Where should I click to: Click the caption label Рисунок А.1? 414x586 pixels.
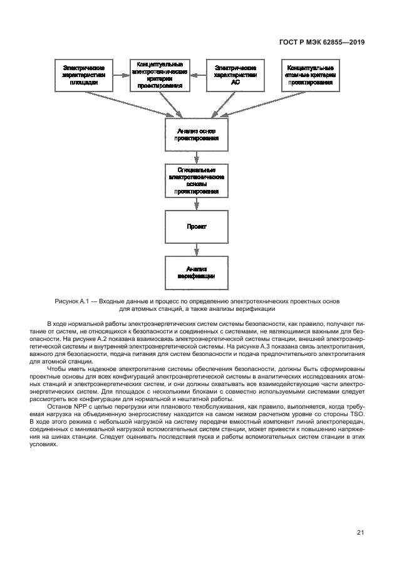72,301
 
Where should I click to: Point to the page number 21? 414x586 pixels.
360,533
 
